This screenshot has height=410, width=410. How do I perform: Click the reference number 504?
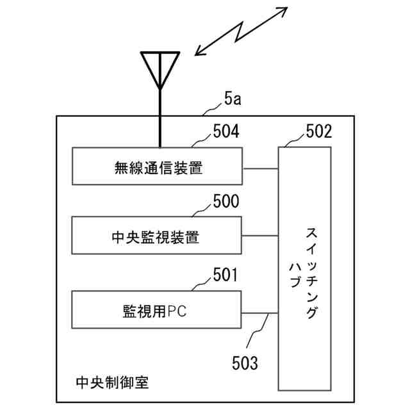click(x=225, y=131)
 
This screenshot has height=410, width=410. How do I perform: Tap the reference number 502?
click(x=318, y=131)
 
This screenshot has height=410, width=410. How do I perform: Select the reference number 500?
click(x=225, y=202)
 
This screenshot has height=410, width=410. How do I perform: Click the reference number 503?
click(x=244, y=363)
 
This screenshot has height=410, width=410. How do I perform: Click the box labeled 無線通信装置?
click(x=157, y=168)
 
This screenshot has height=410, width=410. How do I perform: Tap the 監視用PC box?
click(x=157, y=310)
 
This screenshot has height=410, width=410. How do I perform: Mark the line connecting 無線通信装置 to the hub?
click(x=260, y=169)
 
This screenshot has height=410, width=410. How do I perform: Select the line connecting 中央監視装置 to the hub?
click(x=260, y=236)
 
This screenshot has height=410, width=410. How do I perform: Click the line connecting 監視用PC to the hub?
click(x=260, y=313)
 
